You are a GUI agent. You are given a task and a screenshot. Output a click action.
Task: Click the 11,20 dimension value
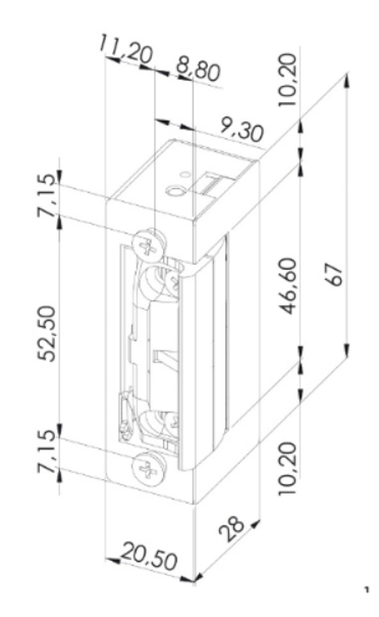pos(125,49)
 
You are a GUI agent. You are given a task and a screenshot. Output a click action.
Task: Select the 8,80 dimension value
pos(198,70)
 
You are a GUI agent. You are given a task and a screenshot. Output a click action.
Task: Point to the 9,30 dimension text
pos(240,129)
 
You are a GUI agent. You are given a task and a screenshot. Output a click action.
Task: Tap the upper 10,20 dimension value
pos(286,79)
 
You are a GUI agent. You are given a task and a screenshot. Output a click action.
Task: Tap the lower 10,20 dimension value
pos(286,469)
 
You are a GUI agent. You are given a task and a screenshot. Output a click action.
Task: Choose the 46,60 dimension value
pos(288,286)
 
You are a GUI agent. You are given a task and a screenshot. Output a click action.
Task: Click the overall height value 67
pos(334,275)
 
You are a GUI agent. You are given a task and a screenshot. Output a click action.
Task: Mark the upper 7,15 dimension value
pos(47,195)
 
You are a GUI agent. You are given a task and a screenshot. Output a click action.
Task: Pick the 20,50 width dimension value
pos(150,556)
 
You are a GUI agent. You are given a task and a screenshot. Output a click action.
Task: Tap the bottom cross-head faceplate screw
pos(148,469)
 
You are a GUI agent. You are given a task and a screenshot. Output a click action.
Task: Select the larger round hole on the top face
pos(175,191)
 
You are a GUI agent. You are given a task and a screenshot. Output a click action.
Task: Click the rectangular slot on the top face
pos(212,183)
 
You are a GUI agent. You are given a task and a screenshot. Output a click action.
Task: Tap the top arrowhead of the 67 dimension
pos(347,81)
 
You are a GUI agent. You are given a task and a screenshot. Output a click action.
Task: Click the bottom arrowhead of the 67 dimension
pos(347,350)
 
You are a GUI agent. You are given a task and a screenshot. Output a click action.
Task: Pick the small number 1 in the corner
pos(367,591)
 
